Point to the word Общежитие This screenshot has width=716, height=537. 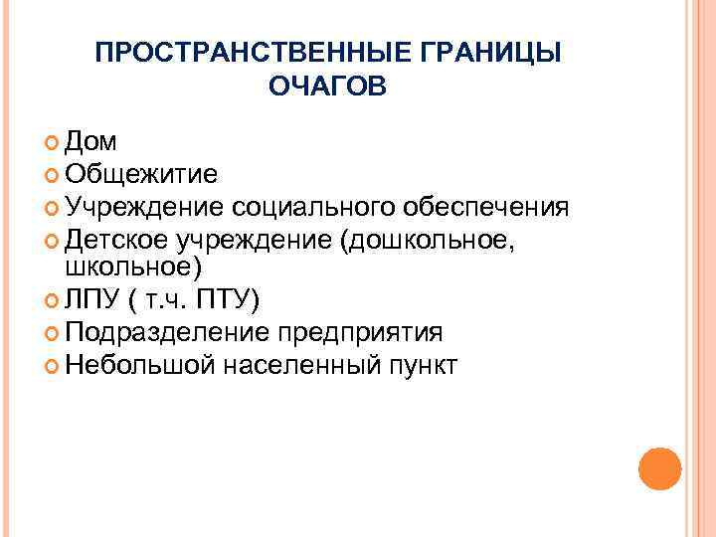141,174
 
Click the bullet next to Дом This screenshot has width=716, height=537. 53,143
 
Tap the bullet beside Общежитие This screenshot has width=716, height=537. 53,175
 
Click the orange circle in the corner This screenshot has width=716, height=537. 659,467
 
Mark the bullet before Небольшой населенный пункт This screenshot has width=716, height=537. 53,365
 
